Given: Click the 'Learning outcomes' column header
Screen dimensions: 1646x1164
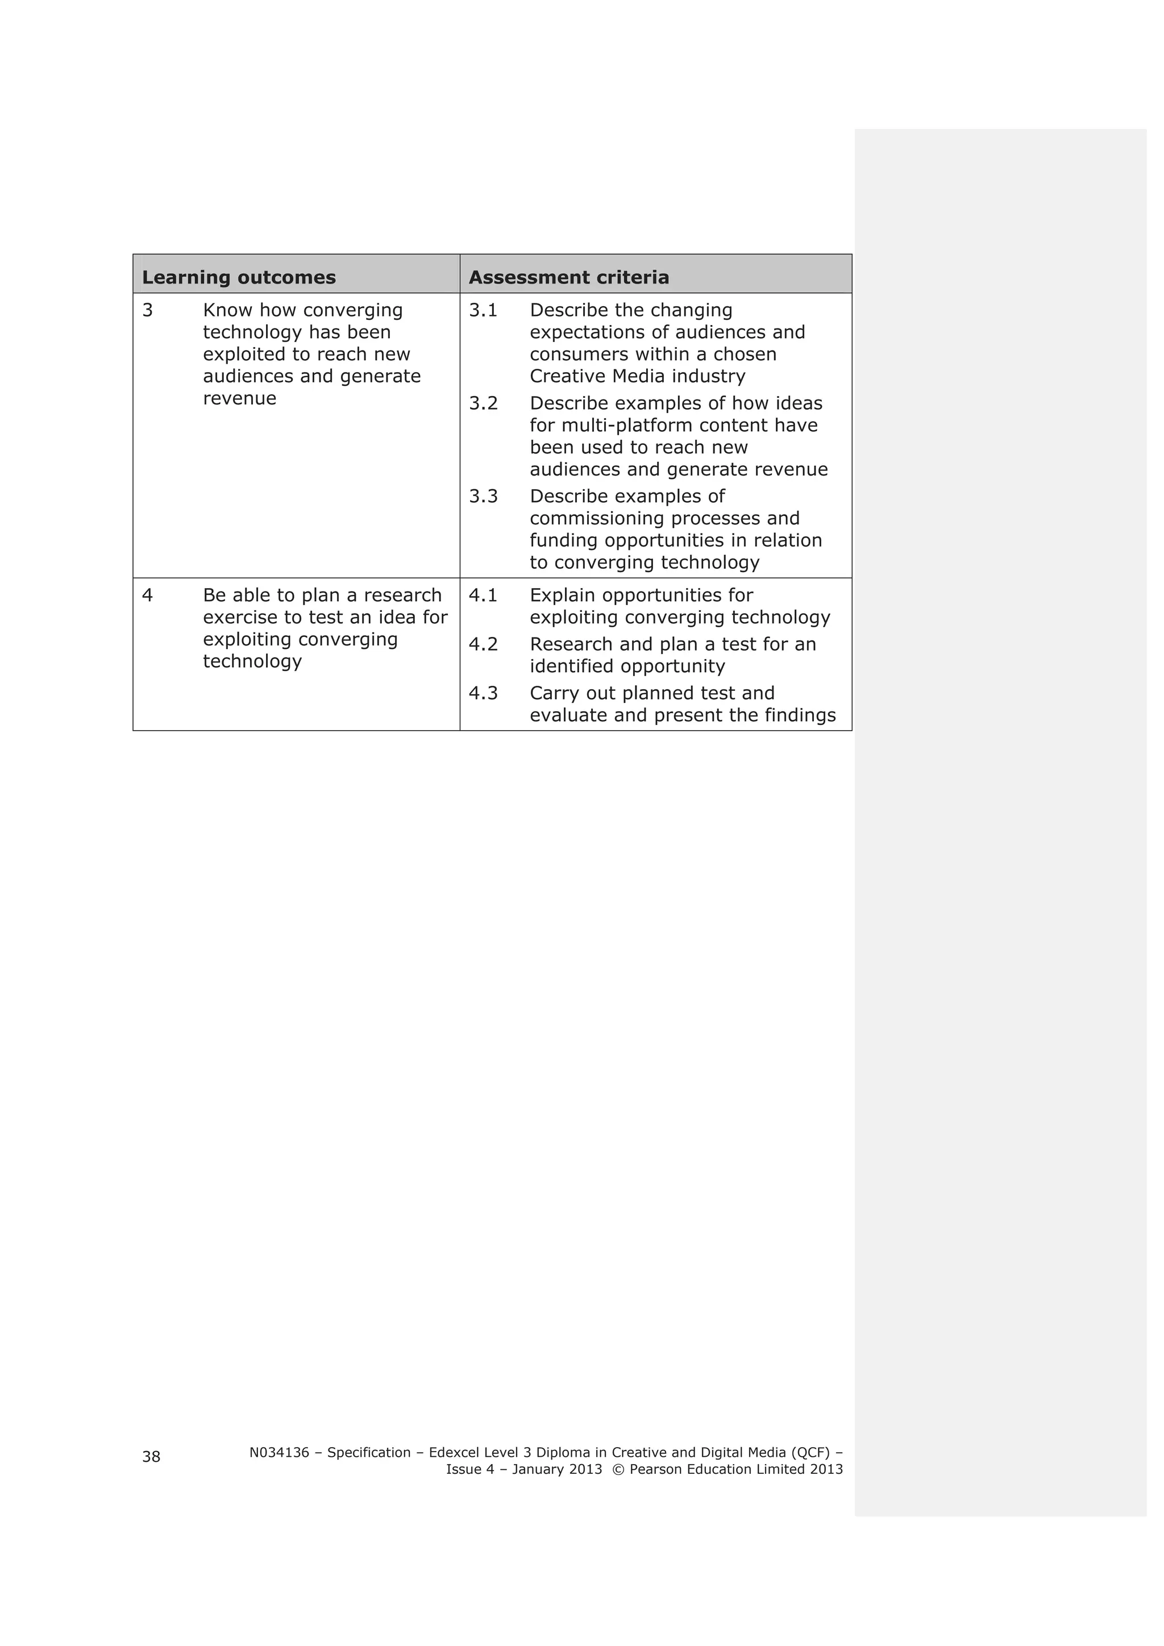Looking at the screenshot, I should pyautogui.click(x=239, y=277).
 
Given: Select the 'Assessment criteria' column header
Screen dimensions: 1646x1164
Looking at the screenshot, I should pyautogui.click(x=569, y=277).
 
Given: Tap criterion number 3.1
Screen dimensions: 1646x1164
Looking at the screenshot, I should pyautogui.click(x=483, y=310).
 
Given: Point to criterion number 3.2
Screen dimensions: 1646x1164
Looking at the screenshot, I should pyautogui.click(x=483, y=403).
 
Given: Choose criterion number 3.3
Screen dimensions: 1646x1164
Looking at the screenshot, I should pyautogui.click(x=483, y=497).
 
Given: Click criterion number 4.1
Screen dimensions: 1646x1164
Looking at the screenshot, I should pyautogui.click(x=483, y=596).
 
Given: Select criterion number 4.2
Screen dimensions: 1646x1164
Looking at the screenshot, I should pyautogui.click(x=483, y=644).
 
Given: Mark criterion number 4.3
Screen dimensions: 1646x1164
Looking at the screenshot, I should pyautogui.click(x=483, y=693).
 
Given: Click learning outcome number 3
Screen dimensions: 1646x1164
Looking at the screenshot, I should pyautogui.click(x=148, y=310).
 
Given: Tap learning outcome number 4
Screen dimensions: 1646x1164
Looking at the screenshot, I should pyautogui.click(x=148, y=596).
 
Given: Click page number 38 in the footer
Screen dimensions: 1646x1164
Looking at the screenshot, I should pyautogui.click(x=151, y=1457).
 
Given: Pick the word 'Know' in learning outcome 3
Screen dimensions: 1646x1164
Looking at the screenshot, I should pyautogui.click(x=228, y=310).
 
